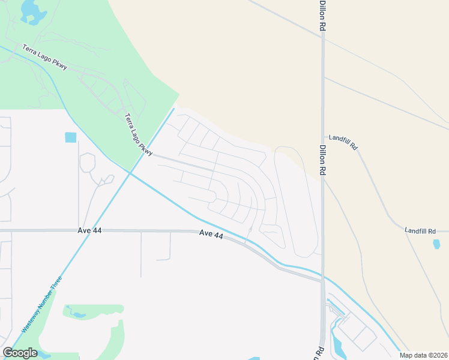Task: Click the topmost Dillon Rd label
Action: [x=322, y=16]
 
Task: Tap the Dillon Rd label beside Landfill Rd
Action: [x=322, y=162]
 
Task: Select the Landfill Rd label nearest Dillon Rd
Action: [x=346, y=146]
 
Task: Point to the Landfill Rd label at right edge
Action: [x=426, y=230]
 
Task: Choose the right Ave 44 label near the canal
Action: [x=211, y=235]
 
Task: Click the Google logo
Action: [x=20, y=353]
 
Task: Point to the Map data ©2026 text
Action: [x=424, y=355]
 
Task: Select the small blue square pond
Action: [x=71, y=137]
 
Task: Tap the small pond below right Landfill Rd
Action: [x=436, y=244]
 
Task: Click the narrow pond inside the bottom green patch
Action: [x=77, y=313]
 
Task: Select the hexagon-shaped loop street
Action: [x=87, y=162]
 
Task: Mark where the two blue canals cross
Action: [x=129, y=173]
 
